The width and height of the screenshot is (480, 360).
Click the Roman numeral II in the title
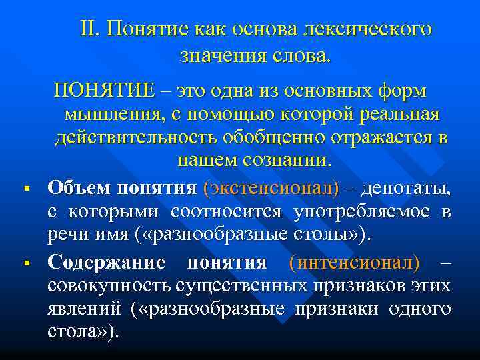click(x=90, y=30)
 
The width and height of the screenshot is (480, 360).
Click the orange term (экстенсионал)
click(x=274, y=188)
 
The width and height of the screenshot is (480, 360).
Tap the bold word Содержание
click(x=106, y=261)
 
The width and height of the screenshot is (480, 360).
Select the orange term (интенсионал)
click(x=355, y=261)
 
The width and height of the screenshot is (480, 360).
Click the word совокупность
click(x=110, y=285)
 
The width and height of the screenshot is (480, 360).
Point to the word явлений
click(x=85, y=309)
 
